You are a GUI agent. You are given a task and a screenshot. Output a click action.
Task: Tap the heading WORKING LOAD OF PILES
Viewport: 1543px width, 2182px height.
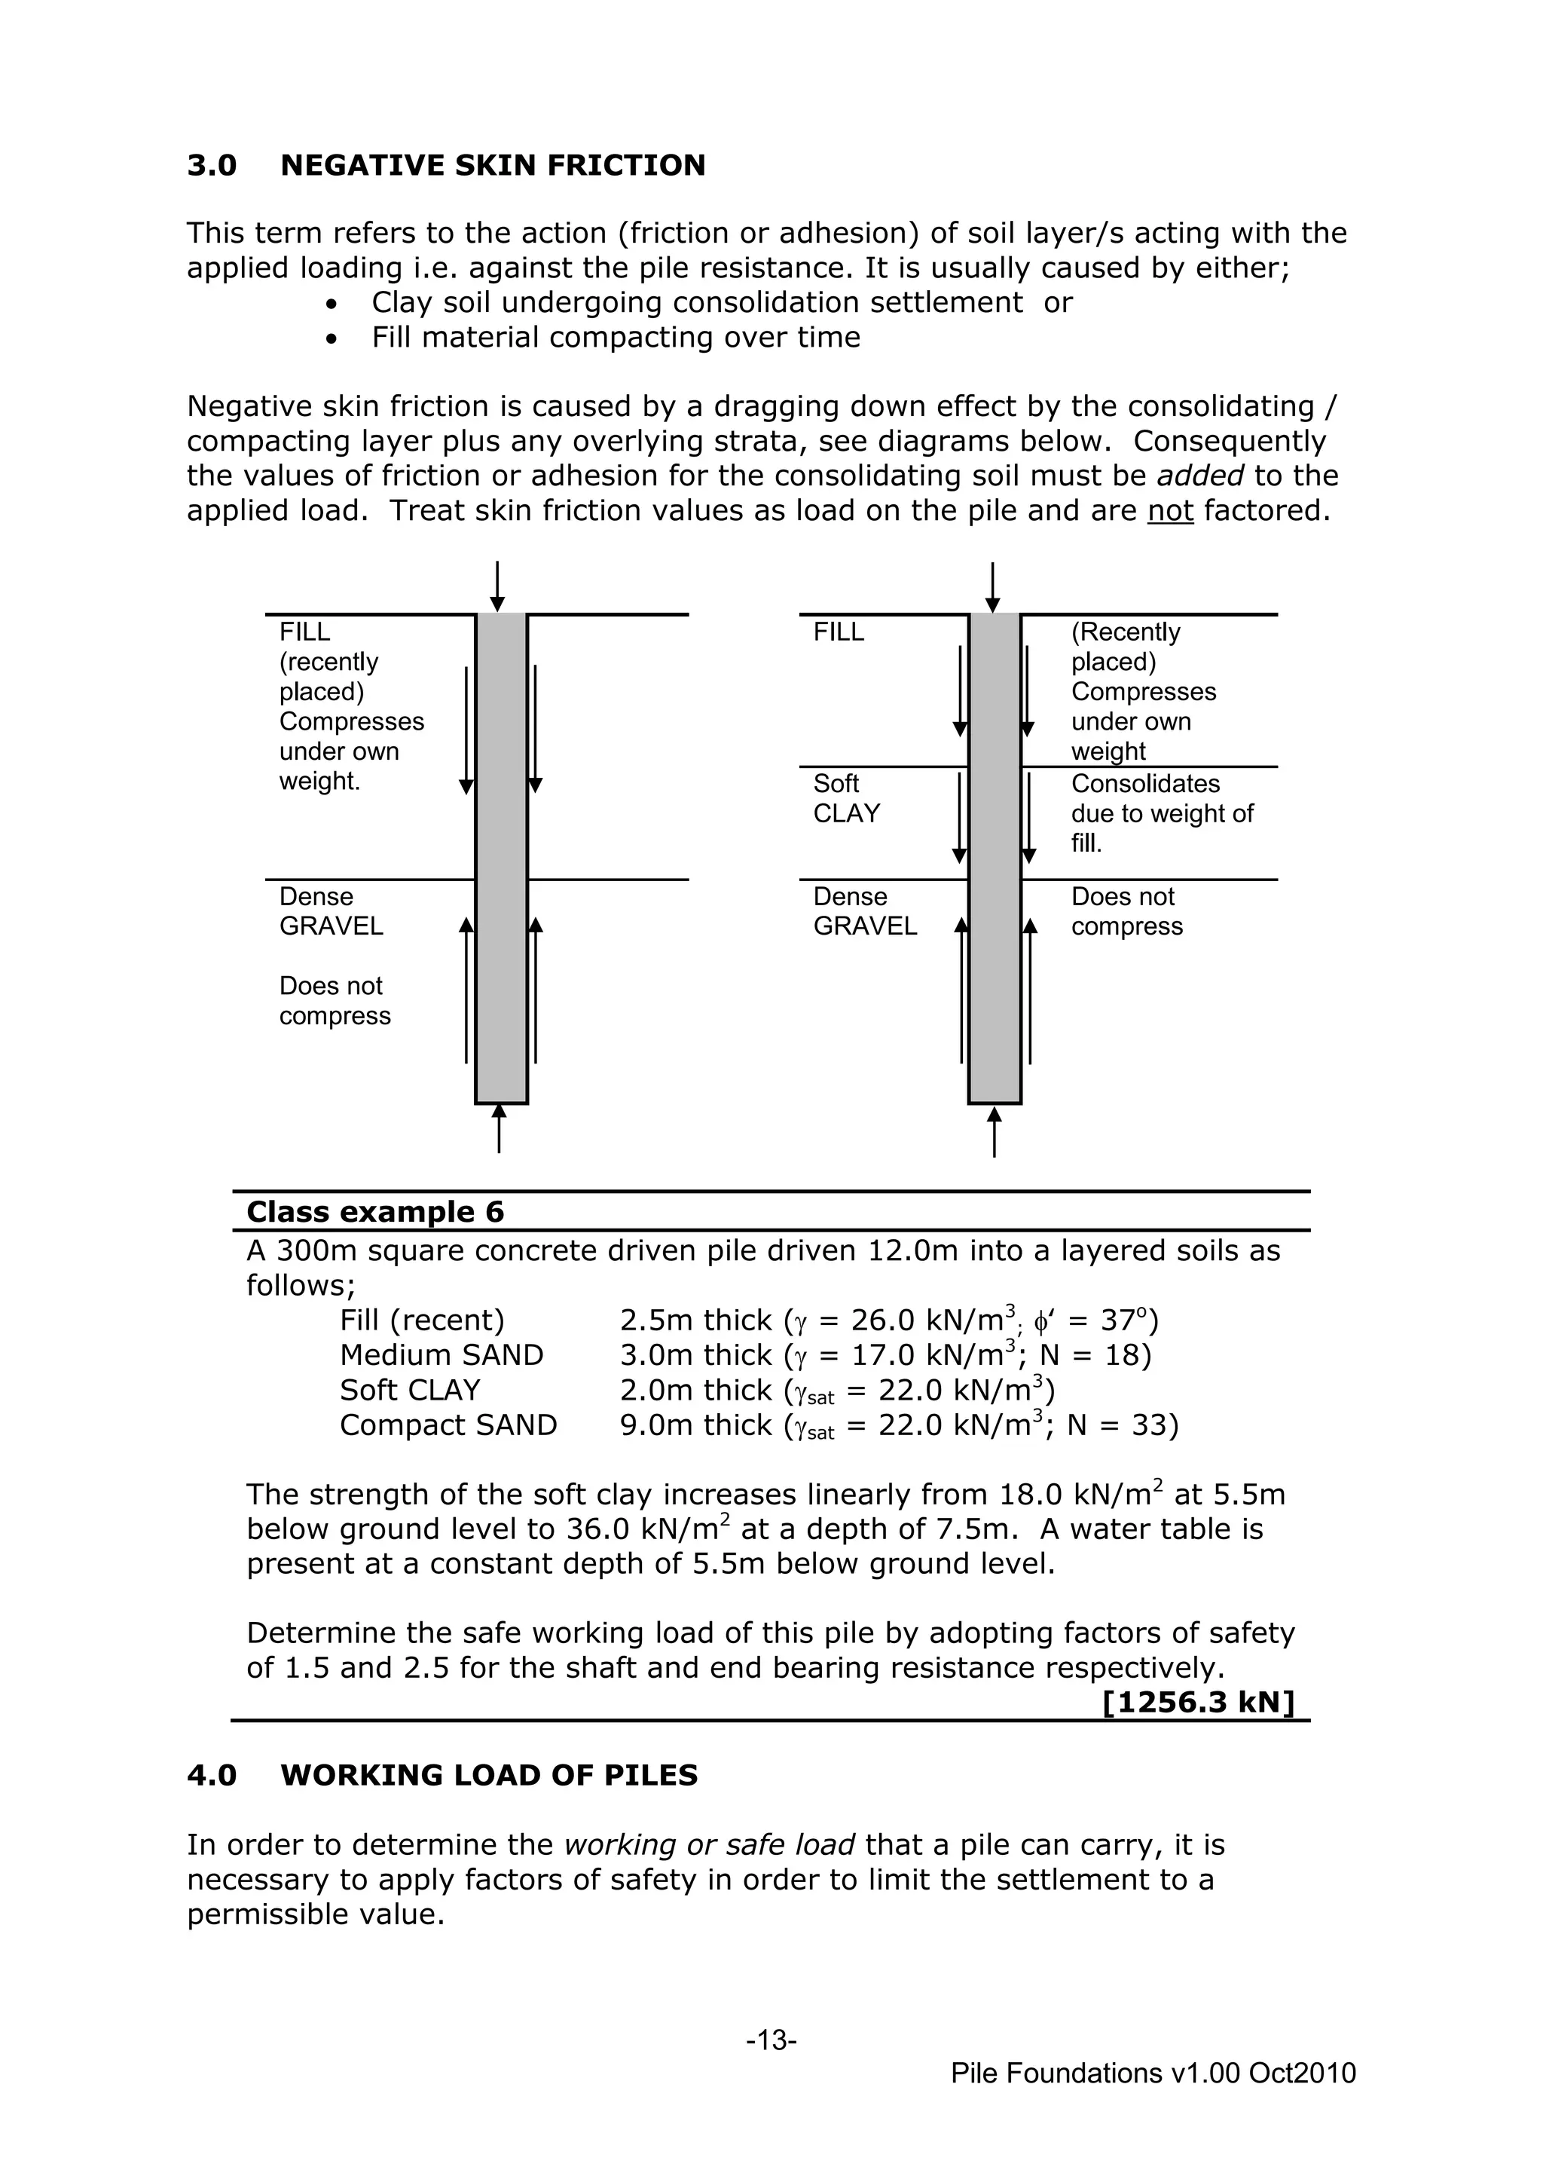488,1775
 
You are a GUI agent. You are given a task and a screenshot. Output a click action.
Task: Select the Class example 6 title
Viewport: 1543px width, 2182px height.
375,1212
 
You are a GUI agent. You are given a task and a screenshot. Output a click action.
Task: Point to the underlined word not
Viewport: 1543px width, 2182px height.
1169,511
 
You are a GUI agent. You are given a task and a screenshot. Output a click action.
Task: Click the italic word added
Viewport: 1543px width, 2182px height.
1201,476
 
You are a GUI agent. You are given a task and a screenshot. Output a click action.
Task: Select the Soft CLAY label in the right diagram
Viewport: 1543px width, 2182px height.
845,798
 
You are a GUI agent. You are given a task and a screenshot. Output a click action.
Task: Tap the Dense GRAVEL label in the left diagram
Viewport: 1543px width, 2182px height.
331,911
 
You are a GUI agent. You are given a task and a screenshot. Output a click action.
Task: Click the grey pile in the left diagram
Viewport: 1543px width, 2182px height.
501,855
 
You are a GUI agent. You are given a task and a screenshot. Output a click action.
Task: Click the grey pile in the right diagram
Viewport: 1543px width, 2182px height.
995,855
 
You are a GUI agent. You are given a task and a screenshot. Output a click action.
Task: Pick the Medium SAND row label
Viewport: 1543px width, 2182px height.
441,1355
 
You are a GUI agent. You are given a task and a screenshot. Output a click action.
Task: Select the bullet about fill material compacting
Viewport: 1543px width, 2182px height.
615,338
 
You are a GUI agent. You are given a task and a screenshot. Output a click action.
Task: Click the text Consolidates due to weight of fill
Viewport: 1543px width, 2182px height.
1161,813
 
